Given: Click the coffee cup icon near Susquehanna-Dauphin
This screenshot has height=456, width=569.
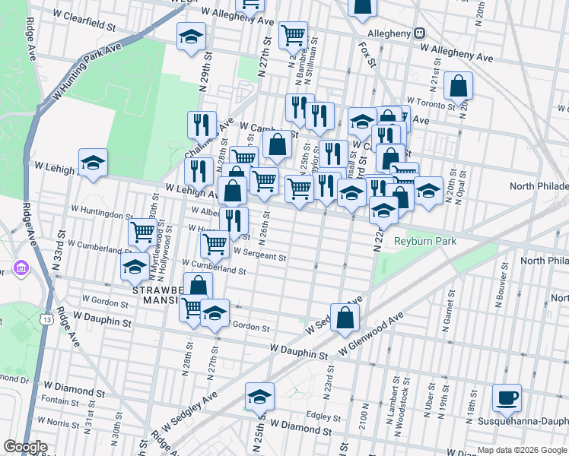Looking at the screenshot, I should click(506, 397).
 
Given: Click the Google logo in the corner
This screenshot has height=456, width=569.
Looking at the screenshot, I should click(25, 447).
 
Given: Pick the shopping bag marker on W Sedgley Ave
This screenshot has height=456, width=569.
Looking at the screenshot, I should click(345, 318).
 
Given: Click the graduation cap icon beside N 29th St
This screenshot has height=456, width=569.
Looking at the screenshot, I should click(191, 36).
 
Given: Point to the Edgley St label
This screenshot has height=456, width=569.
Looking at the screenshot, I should click(323, 416).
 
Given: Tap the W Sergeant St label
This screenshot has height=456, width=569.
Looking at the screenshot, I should click(259, 257).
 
